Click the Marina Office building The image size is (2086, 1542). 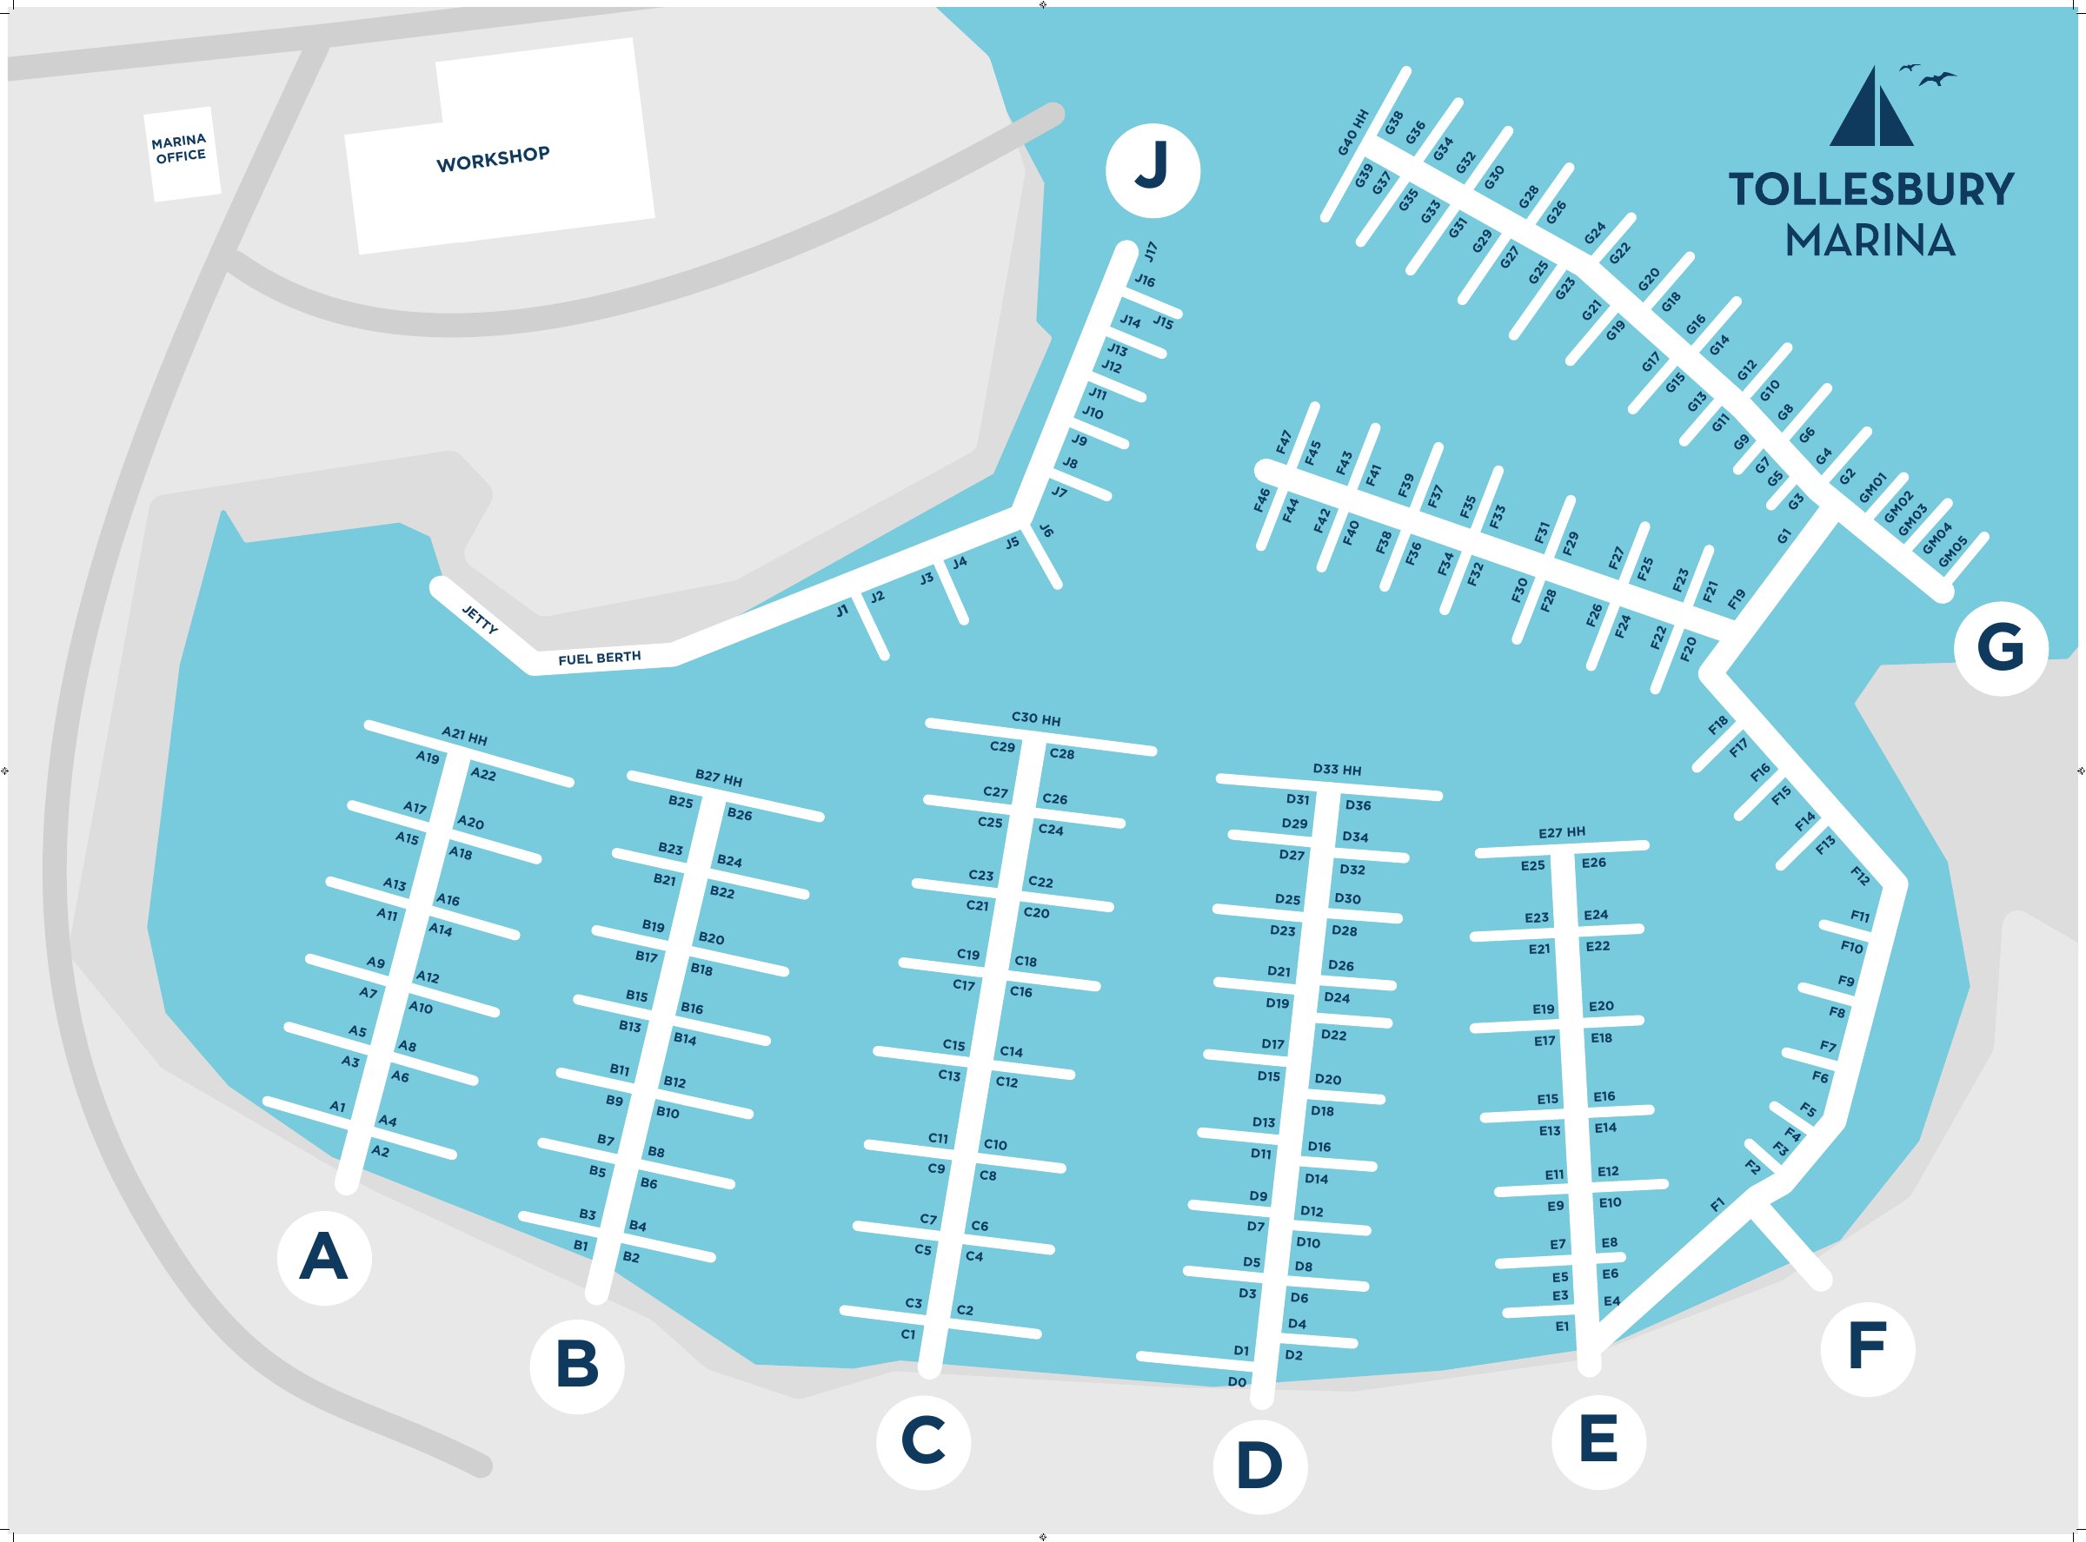click(182, 153)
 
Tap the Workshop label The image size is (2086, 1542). click(493, 159)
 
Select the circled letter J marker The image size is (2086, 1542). click(1153, 170)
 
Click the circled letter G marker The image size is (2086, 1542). click(2001, 648)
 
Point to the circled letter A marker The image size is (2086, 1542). click(324, 1257)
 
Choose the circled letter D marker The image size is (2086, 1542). click(1259, 1466)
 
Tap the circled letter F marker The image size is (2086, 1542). click(1868, 1349)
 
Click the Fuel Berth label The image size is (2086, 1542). click(600, 658)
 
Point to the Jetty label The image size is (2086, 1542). click(480, 619)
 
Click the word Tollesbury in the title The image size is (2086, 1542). click(1870, 189)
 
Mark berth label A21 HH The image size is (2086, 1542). click(464, 736)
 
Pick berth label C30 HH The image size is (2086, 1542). click(1035, 718)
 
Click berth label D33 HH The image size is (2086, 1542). click(1337, 769)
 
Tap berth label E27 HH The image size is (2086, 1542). click(1561, 831)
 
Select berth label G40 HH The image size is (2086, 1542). click(1353, 133)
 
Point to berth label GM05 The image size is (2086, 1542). click(1952, 552)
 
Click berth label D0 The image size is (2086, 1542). click(1236, 1381)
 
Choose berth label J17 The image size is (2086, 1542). click(1152, 251)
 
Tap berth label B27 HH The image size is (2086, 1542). click(718, 778)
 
